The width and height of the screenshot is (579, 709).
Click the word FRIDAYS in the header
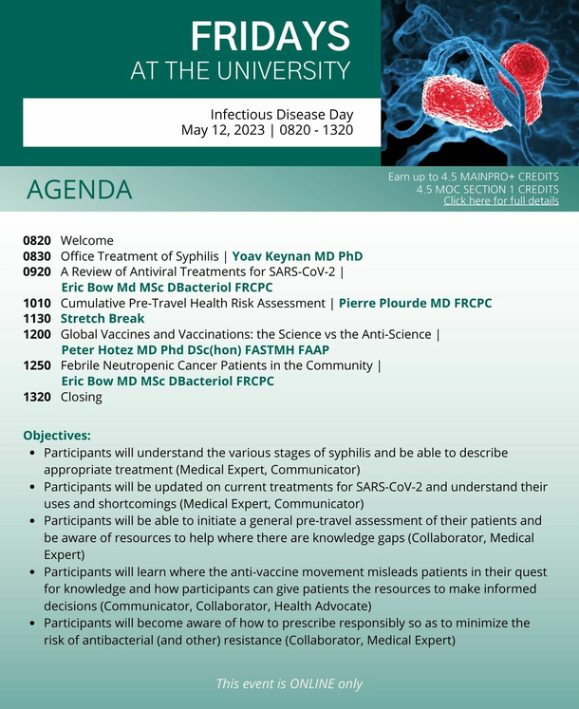[x=271, y=36]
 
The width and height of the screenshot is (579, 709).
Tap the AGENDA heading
[x=80, y=190]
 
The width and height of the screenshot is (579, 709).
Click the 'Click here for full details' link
[x=501, y=201]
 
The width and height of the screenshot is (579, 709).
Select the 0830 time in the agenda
[x=37, y=256]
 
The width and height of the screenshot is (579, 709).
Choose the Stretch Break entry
[x=103, y=318]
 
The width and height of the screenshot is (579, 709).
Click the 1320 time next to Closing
[x=37, y=397]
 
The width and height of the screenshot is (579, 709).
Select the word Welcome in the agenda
[x=87, y=240]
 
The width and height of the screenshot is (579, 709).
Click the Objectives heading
[x=57, y=436]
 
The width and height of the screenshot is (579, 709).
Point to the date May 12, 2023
[x=223, y=130]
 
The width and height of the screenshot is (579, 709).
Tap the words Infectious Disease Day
[x=282, y=115]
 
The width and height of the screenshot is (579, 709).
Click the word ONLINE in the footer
[x=312, y=683]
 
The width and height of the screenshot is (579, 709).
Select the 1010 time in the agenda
[x=37, y=303]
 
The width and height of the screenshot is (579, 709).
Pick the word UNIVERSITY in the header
[x=283, y=71]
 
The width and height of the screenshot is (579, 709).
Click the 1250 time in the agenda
[x=37, y=365]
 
